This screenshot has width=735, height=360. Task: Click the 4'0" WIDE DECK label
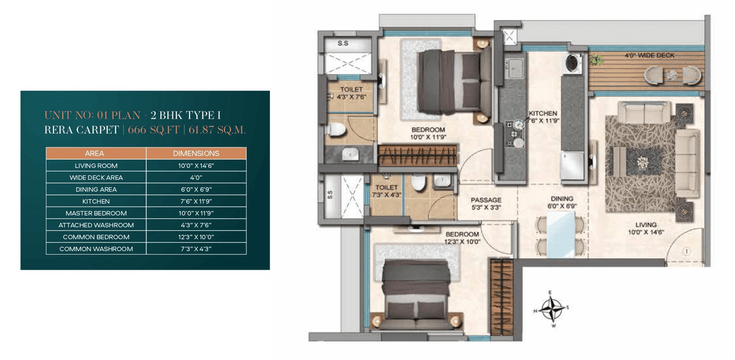point(649,56)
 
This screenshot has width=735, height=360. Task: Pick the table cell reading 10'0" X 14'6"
point(196,165)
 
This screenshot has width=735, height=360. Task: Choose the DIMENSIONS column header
point(196,153)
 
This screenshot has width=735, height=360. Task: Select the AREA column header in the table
point(96,153)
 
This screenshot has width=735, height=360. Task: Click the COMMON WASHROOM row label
point(96,249)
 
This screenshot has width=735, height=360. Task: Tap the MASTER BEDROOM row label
point(96,213)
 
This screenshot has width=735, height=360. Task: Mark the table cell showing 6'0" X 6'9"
point(196,189)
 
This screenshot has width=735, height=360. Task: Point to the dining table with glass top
point(559,235)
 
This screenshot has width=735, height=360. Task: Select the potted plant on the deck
point(597,59)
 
